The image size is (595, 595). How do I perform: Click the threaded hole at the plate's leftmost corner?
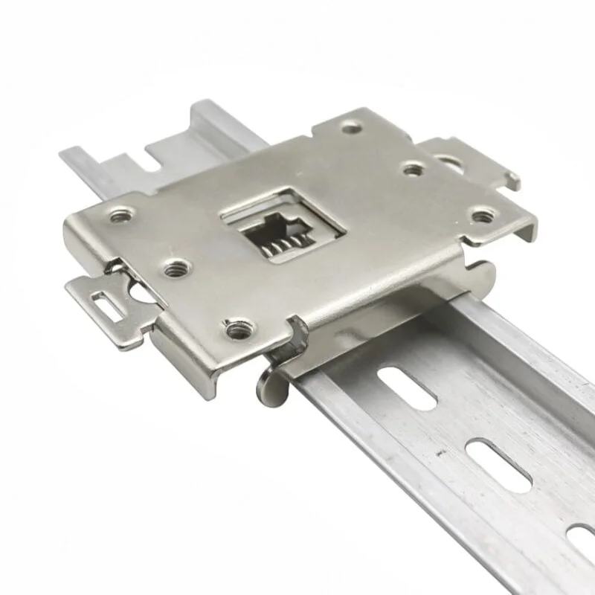point(119,216)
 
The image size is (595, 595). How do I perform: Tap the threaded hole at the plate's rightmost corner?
point(483,216)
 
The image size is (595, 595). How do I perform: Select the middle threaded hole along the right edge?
point(414,170)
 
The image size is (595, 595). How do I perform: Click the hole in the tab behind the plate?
point(446,159)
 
